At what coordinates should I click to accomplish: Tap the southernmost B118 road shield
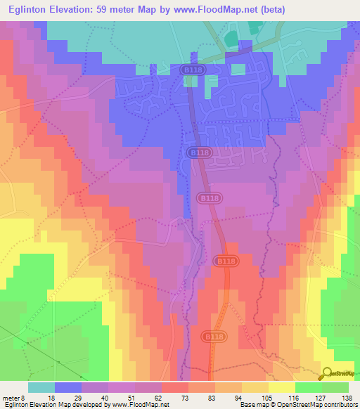pyautogui.click(x=214, y=338)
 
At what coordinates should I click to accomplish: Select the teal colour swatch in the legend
pyautogui.click(x=41, y=387)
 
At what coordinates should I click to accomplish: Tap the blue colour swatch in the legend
pyautogui.click(x=68, y=387)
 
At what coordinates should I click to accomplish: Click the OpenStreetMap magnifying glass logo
pyautogui.click(x=327, y=374)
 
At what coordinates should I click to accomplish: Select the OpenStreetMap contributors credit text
pyautogui.click(x=319, y=405)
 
